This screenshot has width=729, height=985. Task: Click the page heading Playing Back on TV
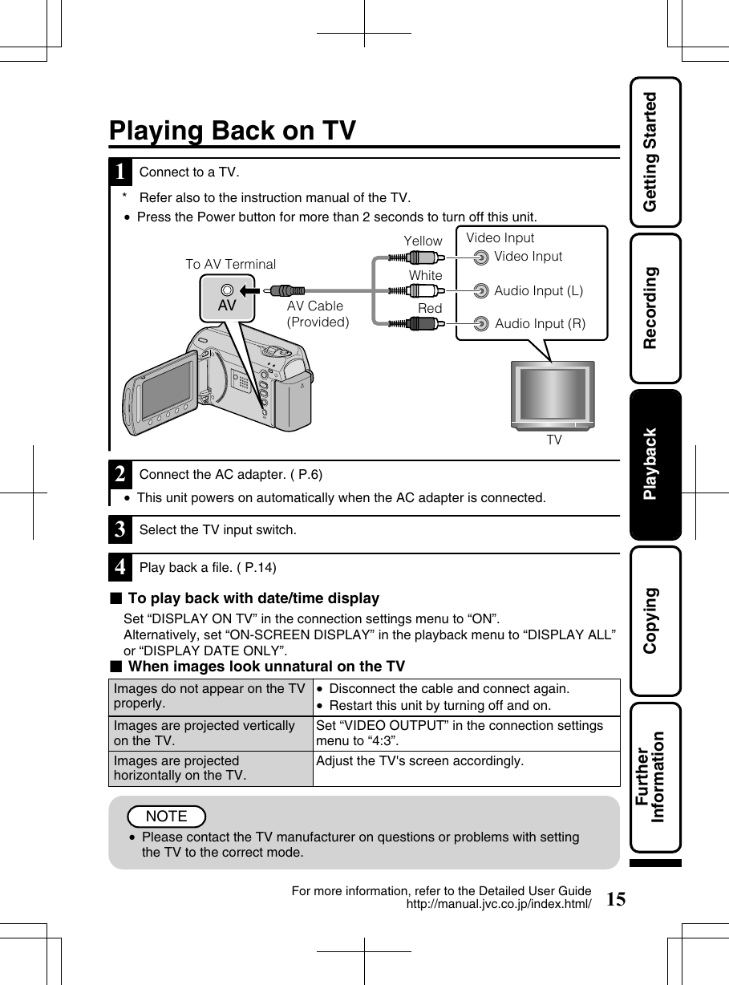[233, 131]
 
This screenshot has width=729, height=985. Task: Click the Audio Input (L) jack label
[538, 291]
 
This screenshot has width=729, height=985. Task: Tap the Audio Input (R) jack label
[540, 324]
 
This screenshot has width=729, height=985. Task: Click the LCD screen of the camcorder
[164, 389]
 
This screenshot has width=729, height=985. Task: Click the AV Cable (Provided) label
[318, 314]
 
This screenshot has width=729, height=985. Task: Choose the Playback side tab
[655, 464]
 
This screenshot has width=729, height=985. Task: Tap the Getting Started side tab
[655, 152]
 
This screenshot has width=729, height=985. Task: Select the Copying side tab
[655, 620]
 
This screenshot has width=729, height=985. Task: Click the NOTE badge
[167, 817]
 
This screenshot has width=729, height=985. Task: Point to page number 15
[616, 898]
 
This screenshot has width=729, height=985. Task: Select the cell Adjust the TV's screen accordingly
[420, 760]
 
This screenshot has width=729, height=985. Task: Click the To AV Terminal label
[231, 264]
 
